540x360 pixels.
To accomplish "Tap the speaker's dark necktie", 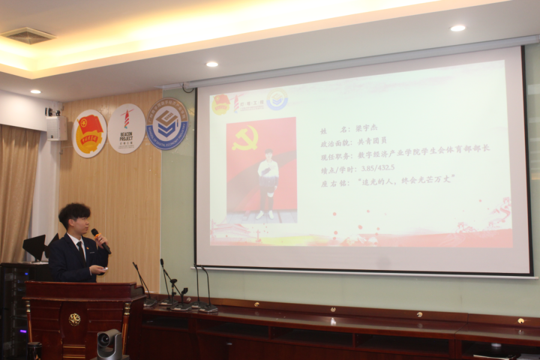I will [x=81, y=248].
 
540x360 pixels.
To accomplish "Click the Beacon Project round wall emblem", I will [x=126, y=128].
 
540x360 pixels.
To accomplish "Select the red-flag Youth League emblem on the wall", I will [x=89, y=133].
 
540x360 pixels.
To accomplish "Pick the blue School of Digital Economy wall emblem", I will [x=167, y=124].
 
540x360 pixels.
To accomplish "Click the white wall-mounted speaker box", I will [x=56, y=128].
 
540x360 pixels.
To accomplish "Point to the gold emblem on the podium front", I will [x=74, y=319].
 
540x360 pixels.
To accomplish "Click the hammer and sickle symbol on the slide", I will [x=245, y=139].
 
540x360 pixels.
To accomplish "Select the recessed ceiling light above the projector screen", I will [x=457, y=28].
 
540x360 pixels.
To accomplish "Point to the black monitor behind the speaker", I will [x=35, y=247].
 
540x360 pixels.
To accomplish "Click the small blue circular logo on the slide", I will [x=277, y=100].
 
